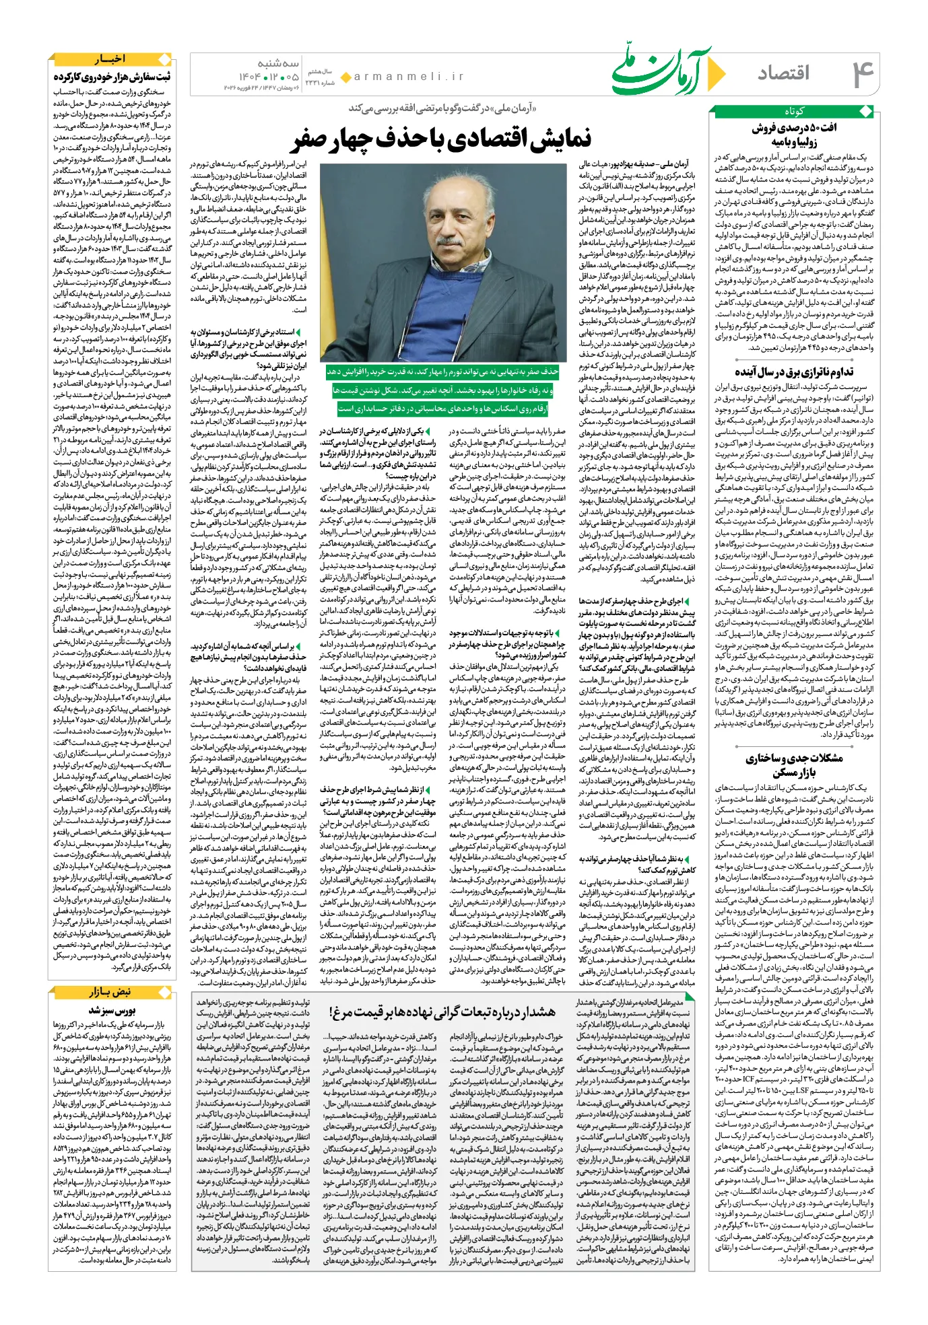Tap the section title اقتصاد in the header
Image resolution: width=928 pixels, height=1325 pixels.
[x=783, y=73]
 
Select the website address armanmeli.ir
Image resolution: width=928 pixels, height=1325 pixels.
[x=409, y=77]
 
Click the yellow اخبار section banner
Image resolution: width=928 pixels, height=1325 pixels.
[x=111, y=59]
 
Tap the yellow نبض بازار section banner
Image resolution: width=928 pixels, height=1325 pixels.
[x=111, y=993]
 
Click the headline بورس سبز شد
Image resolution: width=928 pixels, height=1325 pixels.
[x=112, y=1010]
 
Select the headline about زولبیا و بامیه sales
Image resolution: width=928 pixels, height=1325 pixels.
[x=794, y=134]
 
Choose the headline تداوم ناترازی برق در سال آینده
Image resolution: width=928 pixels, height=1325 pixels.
[x=794, y=372]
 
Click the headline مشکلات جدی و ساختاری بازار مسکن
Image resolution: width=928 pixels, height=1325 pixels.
[x=794, y=764]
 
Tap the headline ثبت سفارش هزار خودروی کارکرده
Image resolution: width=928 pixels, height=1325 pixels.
[x=112, y=77]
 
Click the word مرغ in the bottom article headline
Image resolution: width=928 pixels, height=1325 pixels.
[x=339, y=1011]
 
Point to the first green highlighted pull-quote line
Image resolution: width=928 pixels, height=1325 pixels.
[x=442, y=372]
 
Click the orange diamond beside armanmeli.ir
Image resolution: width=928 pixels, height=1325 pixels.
[x=345, y=77]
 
